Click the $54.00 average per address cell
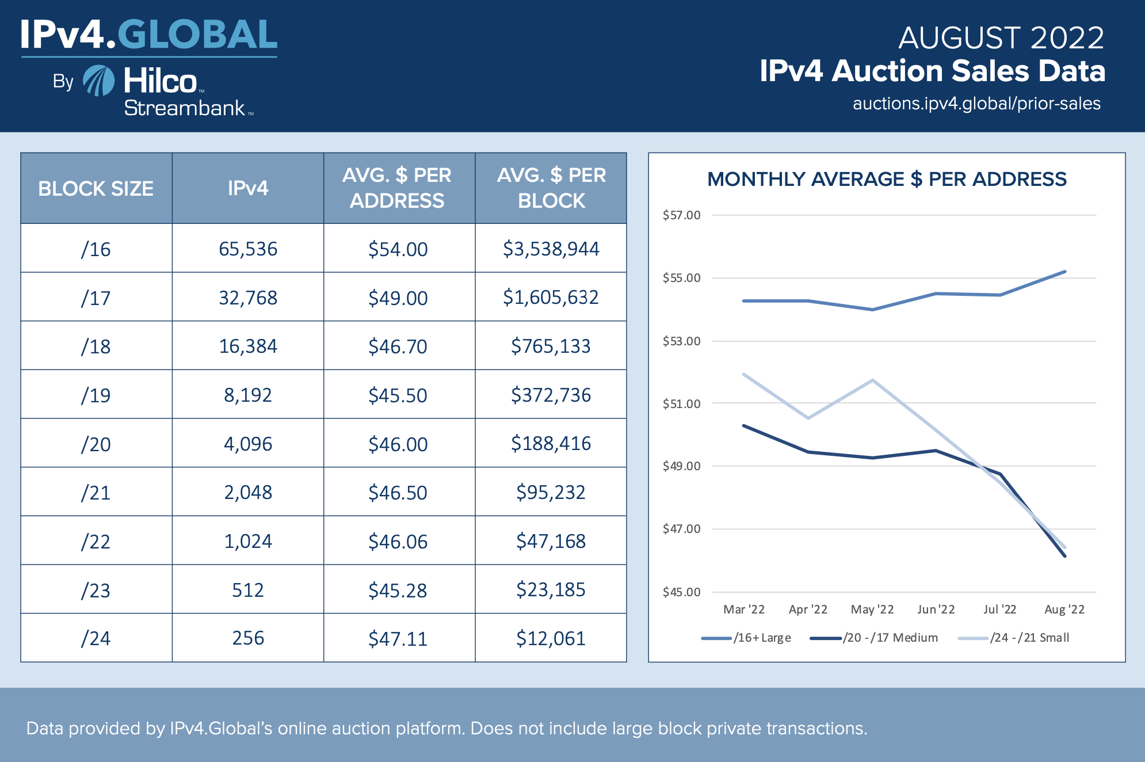tap(398, 249)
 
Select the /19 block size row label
tap(96, 395)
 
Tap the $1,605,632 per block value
tap(551, 298)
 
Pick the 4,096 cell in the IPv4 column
tap(248, 444)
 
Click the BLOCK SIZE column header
tap(96, 188)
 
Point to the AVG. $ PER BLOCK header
tap(551, 188)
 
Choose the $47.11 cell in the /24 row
tap(398, 639)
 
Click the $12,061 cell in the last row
tap(551, 638)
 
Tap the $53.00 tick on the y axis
tap(681, 341)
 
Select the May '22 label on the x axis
tap(872, 609)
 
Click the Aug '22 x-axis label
tap(1064, 609)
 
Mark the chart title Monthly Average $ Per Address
tap(887, 179)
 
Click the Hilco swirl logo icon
tap(99, 81)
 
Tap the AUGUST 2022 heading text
tap(1001, 38)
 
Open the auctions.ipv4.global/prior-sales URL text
tap(976, 104)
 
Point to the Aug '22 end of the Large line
tap(1065, 272)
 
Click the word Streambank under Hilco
tap(185, 108)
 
